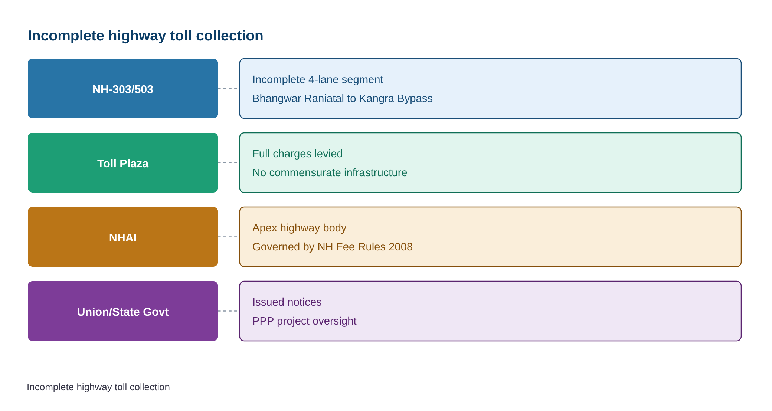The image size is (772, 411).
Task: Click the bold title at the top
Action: (x=145, y=36)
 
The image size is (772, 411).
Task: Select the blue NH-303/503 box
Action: (x=123, y=88)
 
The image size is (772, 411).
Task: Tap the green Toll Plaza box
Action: (x=123, y=162)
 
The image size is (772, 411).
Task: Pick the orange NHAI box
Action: (x=123, y=237)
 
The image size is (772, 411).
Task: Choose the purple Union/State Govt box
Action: (x=123, y=311)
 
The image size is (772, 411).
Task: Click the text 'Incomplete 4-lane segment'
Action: (x=318, y=79)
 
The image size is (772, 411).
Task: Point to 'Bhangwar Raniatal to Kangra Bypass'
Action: (x=343, y=98)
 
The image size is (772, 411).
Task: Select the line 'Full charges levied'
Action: (x=297, y=154)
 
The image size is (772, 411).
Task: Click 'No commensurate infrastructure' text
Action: (x=330, y=172)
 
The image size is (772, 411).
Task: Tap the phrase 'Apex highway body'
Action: (x=299, y=228)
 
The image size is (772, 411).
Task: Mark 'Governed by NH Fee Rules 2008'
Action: (x=333, y=247)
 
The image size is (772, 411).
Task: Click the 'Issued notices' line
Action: (x=287, y=302)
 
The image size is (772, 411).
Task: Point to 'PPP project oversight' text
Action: (x=304, y=321)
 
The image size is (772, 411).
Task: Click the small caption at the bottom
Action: (x=98, y=387)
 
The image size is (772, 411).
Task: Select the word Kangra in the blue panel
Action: (x=376, y=99)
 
